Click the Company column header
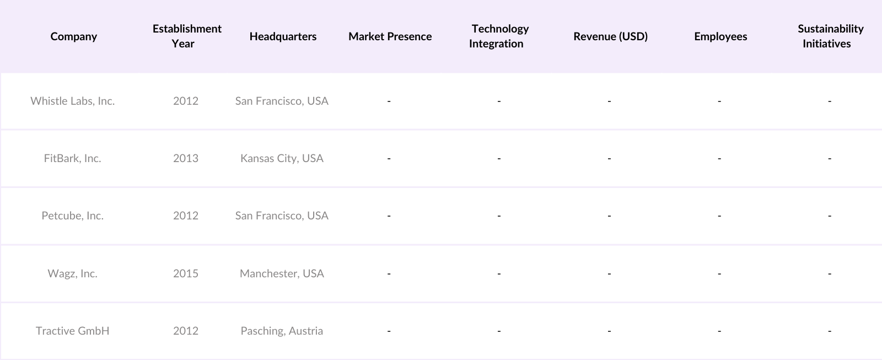point(73,36)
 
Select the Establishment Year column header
point(186,36)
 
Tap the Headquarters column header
point(283,36)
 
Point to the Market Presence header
point(390,36)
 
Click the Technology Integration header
point(498,36)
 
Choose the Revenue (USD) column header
point(610,36)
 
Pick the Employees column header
point(720,36)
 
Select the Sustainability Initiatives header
point(830,36)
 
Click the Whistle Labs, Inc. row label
point(73,101)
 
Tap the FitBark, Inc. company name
point(73,158)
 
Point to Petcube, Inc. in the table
point(73,216)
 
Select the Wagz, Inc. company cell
point(73,273)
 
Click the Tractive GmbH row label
point(73,331)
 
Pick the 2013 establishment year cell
point(186,158)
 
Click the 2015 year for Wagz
point(186,273)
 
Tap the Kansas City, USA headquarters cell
point(282,158)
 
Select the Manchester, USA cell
point(282,273)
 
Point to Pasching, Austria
point(282,331)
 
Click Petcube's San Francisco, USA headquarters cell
point(282,216)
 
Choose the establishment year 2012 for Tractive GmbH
point(186,331)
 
